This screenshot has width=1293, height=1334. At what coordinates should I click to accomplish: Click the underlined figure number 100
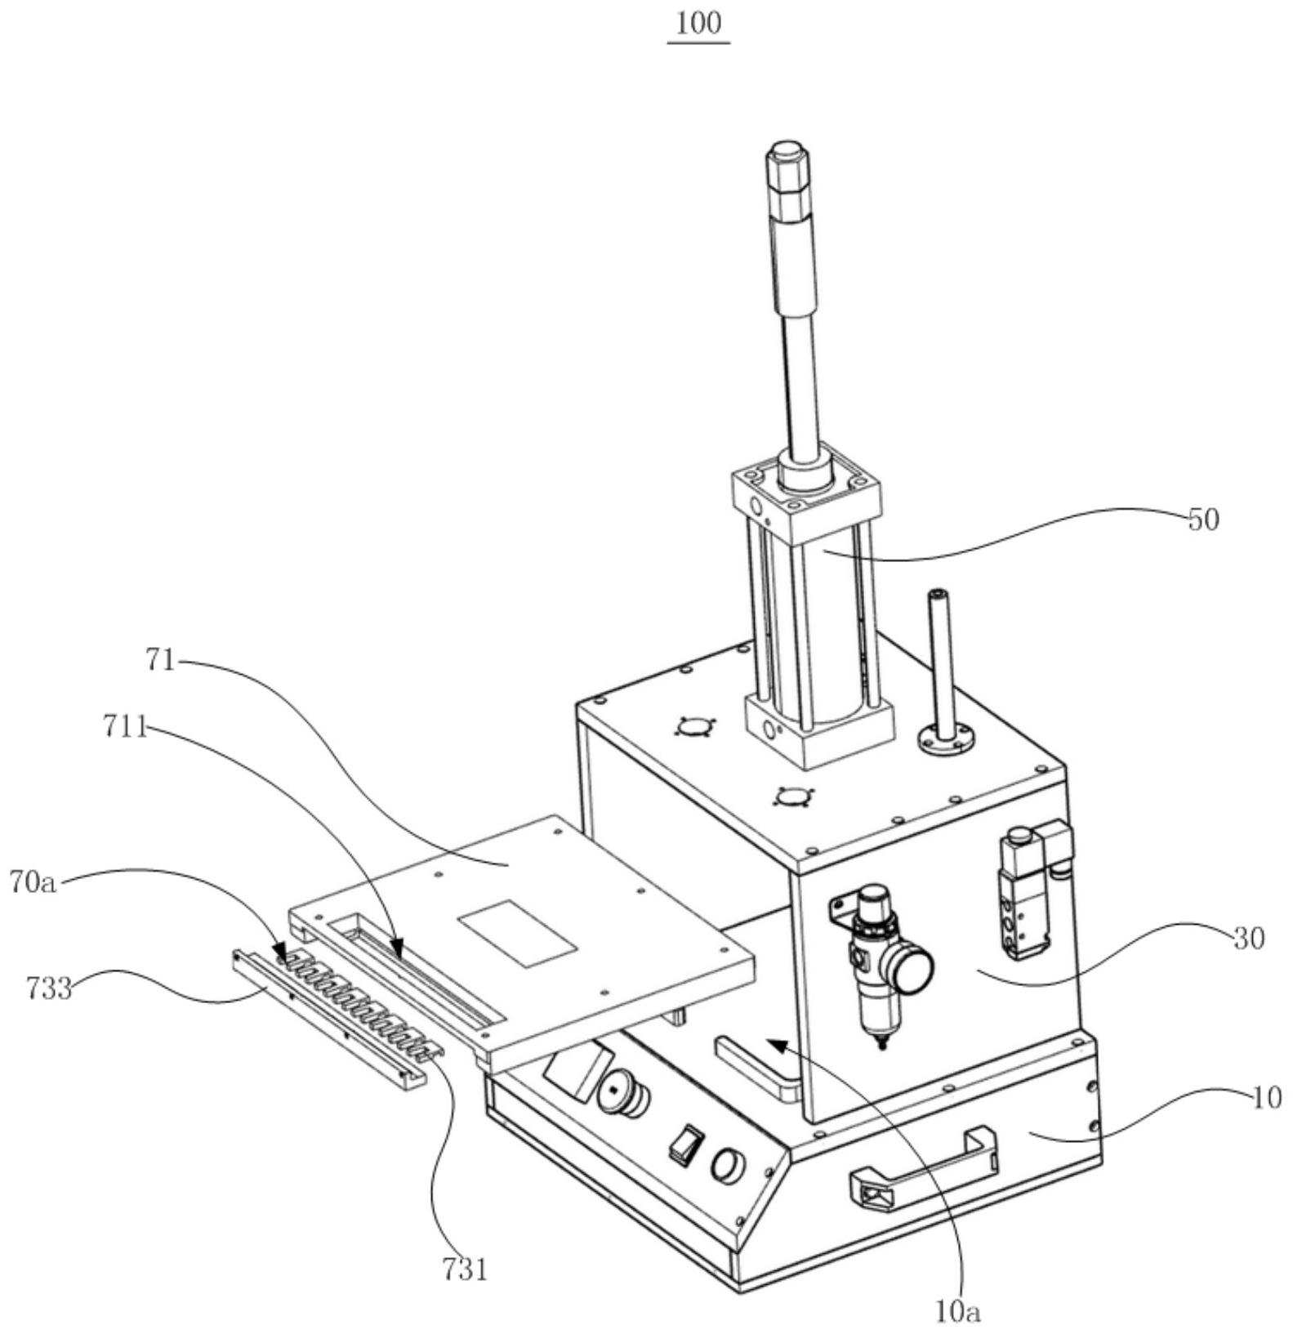click(x=699, y=24)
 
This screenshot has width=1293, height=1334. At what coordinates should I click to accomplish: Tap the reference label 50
click(x=1203, y=520)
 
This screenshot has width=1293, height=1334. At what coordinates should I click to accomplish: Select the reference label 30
click(x=1248, y=939)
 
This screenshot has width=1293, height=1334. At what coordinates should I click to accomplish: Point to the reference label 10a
click(x=957, y=1312)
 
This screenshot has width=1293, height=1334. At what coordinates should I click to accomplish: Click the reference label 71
click(x=161, y=659)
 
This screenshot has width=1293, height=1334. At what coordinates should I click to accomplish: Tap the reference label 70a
click(x=33, y=881)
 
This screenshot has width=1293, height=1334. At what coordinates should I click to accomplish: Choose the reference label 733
click(x=48, y=989)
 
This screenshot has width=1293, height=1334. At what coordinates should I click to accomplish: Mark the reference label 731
click(x=465, y=1269)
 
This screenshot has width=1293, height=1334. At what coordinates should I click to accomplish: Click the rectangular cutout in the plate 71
click(x=518, y=934)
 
